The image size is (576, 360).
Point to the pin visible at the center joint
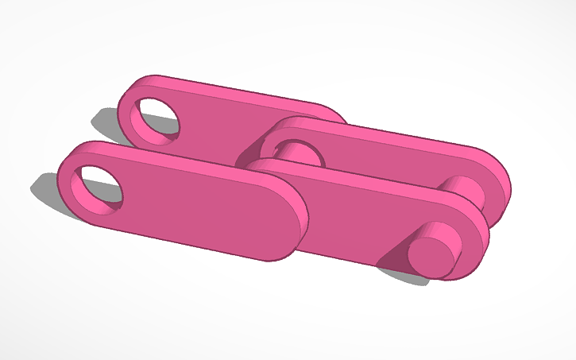(x=299, y=151)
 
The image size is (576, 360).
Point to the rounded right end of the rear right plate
(x=501, y=187)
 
